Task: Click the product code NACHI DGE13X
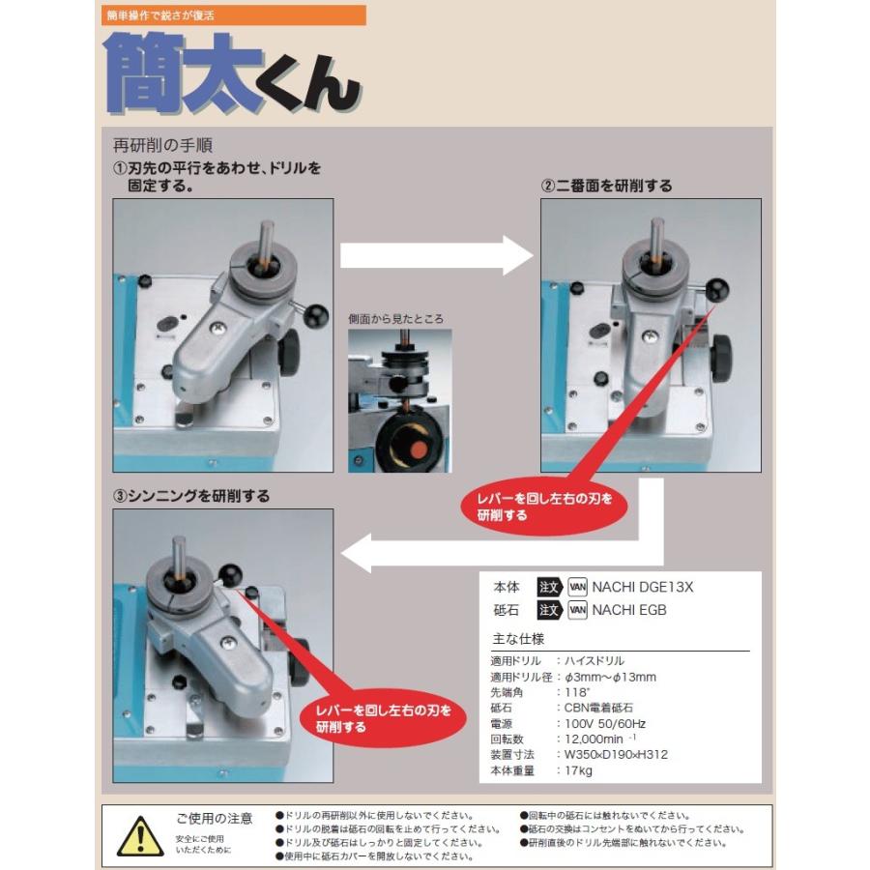(643, 587)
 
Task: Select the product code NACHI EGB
(629, 610)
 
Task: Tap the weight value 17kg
(578, 770)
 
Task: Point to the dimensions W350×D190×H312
(616, 755)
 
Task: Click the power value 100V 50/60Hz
(605, 723)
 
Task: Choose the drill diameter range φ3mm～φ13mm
(610, 677)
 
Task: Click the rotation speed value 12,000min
(594, 739)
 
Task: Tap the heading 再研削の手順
(162, 145)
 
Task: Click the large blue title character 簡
(143, 72)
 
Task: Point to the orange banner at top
(234, 15)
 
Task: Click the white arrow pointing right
(437, 255)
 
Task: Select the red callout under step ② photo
(544, 507)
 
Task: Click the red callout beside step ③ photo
(383, 718)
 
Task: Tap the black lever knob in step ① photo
(317, 314)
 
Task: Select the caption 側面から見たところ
(395, 319)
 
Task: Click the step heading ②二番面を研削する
(606, 186)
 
